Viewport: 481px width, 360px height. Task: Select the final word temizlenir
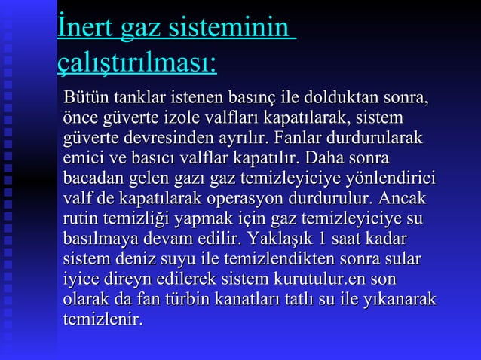103,322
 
